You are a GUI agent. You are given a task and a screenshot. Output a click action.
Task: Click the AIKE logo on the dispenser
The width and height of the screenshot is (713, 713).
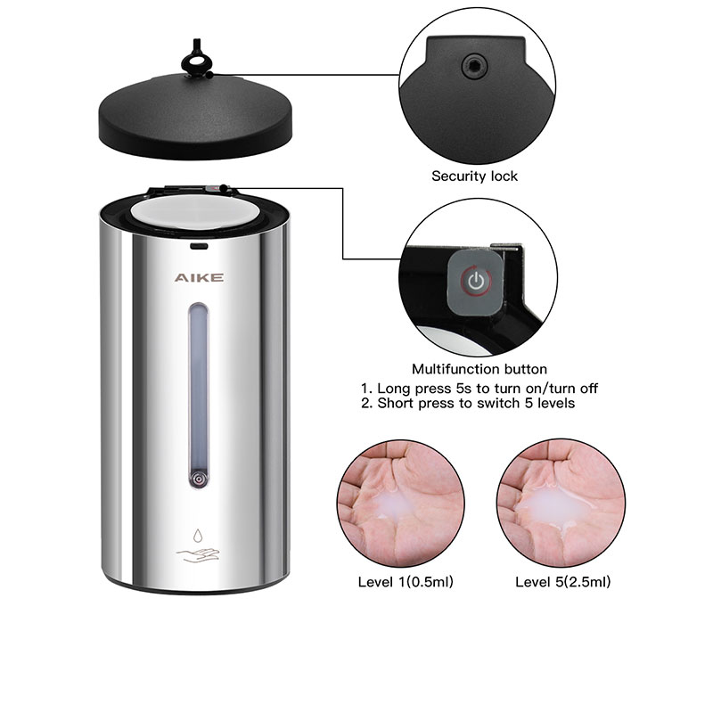(x=199, y=277)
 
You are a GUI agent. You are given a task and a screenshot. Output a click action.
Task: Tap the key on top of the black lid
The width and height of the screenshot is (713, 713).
(x=196, y=58)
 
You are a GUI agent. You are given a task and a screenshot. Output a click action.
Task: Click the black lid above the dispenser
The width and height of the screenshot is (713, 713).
(x=195, y=116)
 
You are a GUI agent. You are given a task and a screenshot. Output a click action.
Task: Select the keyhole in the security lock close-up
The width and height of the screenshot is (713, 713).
(x=474, y=67)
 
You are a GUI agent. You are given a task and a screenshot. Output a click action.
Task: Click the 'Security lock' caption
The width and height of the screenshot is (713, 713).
(x=474, y=176)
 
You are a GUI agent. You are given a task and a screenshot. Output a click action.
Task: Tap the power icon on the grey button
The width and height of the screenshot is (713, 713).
(x=476, y=281)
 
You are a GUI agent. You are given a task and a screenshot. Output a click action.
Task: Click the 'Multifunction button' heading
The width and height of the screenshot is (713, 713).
(x=479, y=369)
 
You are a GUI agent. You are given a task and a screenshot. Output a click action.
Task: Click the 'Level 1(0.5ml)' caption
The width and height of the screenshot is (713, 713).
(x=406, y=582)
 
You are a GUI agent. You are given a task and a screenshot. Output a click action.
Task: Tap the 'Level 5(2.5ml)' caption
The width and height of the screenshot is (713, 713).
(x=562, y=582)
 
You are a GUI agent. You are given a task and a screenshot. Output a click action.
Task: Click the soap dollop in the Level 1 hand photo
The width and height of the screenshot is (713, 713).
(x=395, y=503)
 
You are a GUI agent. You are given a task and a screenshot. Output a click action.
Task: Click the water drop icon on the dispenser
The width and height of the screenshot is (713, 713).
(x=197, y=536)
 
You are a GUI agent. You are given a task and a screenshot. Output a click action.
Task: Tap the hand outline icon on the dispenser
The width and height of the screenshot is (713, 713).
(x=198, y=554)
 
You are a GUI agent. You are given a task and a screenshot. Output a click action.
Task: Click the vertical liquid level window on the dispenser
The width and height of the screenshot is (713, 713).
(x=199, y=395)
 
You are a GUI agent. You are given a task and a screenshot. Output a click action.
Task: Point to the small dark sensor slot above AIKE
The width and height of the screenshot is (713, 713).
(x=199, y=246)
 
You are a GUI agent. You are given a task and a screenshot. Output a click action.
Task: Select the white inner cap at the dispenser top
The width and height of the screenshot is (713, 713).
(x=195, y=211)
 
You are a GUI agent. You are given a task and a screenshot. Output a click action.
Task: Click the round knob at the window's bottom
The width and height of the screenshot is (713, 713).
(x=199, y=479)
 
